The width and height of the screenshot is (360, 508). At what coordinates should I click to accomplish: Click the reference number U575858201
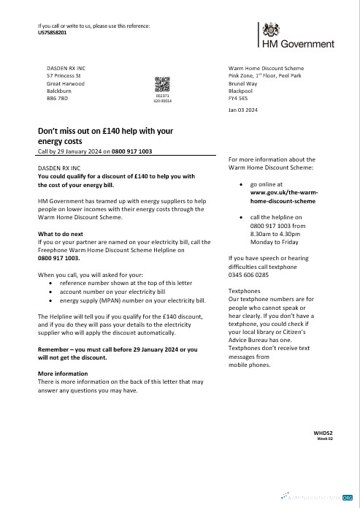(52, 33)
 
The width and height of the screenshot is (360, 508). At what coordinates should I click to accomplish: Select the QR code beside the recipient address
(162, 86)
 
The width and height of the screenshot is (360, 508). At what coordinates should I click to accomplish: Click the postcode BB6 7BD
(57, 97)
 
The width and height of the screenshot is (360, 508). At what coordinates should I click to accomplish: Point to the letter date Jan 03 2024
(242, 110)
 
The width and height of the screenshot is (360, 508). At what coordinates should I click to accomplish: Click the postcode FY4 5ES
(239, 97)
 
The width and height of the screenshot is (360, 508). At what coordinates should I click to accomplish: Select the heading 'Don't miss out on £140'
(104, 132)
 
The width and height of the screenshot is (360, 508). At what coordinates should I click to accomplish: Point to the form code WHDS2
(323, 433)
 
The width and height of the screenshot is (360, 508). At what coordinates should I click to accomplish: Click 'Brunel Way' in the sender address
(244, 83)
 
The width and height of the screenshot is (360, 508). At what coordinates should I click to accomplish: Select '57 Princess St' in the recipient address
(64, 76)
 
